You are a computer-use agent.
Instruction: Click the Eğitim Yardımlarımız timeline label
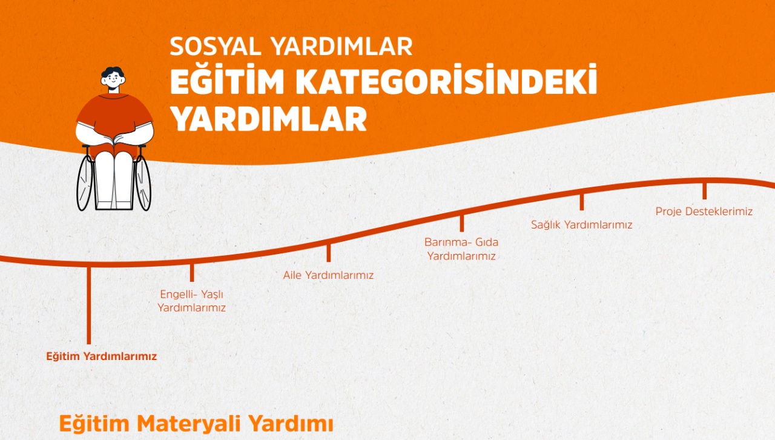point(101,356)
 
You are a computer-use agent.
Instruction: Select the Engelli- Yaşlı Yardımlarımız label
point(191,301)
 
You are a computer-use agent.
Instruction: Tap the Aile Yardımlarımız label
point(328,275)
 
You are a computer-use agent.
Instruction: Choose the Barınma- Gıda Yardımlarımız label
point(461,249)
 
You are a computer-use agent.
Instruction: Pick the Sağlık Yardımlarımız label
point(581,225)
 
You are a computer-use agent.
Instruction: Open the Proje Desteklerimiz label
point(704,212)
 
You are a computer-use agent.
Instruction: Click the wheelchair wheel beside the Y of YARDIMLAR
point(143,182)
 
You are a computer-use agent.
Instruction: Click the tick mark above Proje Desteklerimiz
point(704,190)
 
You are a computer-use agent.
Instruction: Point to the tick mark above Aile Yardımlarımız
point(329,252)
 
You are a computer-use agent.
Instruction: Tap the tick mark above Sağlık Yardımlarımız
point(581,201)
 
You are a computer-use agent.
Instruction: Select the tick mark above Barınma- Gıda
point(461,223)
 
